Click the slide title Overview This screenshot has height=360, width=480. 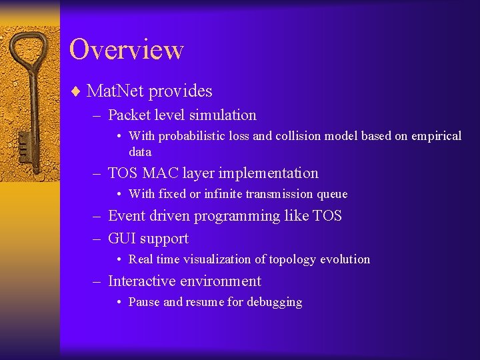126,49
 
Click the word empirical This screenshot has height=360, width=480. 435,136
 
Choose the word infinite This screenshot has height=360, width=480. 221,194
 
